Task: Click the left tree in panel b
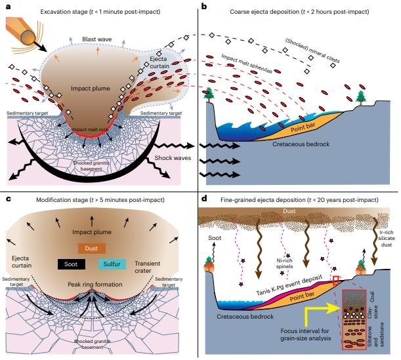211,93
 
